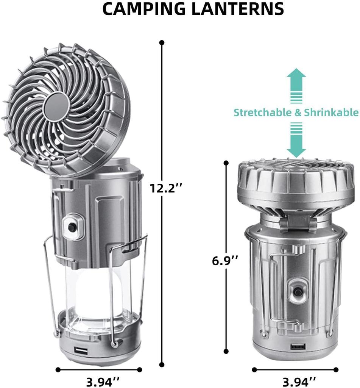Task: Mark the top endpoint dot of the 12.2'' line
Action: click(162, 42)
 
